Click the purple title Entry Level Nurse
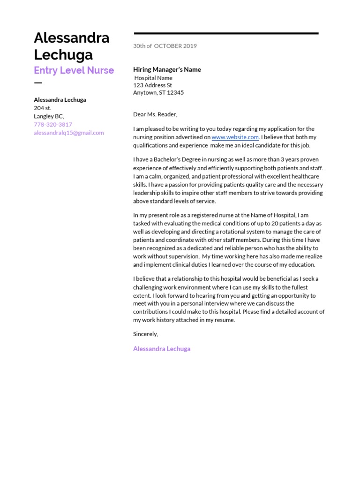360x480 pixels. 74,70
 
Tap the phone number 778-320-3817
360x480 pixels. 53,125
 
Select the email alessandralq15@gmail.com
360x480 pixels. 69,133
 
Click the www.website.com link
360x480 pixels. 235,137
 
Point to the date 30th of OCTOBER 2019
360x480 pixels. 165,46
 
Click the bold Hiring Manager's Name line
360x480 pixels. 167,69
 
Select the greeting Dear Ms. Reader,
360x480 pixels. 156,114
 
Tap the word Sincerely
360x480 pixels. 145,334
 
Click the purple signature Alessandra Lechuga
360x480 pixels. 162,349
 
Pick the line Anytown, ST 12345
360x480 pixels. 158,93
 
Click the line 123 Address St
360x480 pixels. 152,85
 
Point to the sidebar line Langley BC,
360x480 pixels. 49,116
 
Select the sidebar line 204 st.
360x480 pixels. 43,108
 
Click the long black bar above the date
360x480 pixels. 226,33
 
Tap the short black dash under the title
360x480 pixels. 38,83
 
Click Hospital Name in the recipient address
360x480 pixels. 153,78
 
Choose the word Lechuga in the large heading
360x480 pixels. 63,55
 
